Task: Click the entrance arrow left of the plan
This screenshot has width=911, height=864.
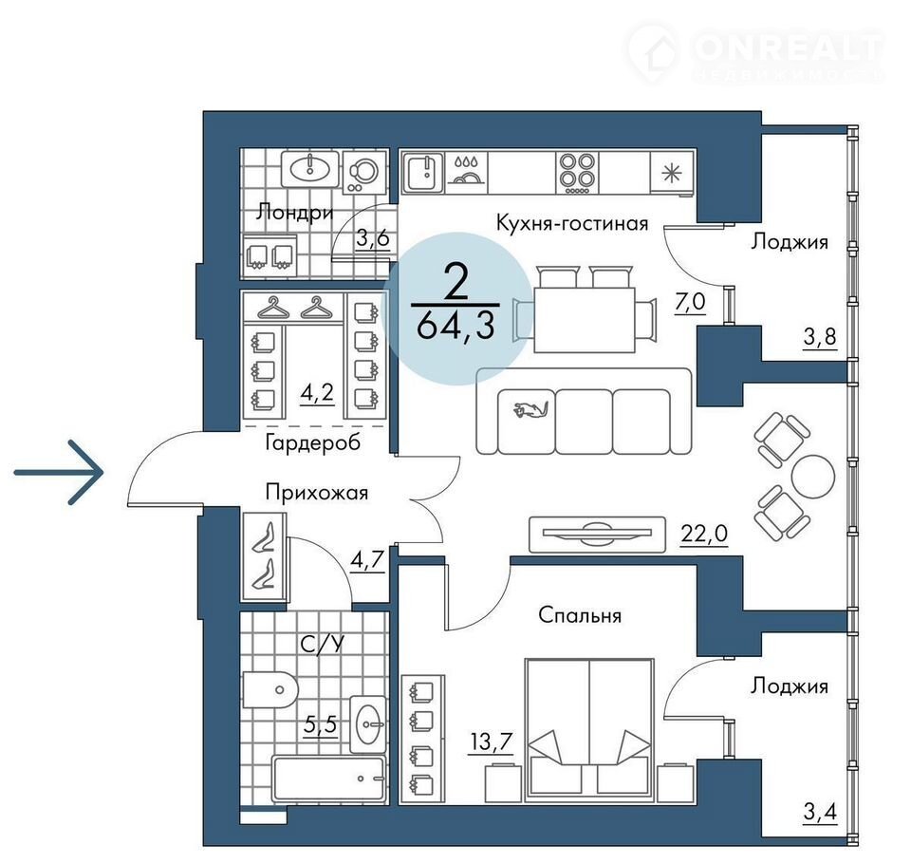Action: click(x=59, y=472)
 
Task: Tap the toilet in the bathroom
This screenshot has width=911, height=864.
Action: click(x=270, y=689)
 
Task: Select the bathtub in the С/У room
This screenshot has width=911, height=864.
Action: click(x=329, y=779)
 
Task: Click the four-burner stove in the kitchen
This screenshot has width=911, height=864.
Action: click(x=577, y=172)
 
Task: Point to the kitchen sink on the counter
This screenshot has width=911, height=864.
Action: click(x=423, y=172)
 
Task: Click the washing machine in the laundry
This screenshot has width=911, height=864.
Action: click(x=364, y=172)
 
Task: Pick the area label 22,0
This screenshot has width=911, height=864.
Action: click(x=704, y=533)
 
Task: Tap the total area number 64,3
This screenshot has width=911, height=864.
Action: click(x=455, y=327)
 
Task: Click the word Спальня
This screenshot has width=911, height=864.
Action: click(x=580, y=614)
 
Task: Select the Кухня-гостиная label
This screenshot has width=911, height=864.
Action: click(x=571, y=223)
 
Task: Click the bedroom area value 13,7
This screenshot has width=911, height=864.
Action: click(x=491, y=742)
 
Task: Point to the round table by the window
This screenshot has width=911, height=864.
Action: click(x=813, y=476)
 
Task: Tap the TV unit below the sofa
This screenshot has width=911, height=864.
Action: click(x=597, y=534)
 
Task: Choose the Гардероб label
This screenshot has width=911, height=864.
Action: click(x=312, y=442)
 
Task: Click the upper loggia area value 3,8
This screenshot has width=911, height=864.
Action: click(x=820, y=337)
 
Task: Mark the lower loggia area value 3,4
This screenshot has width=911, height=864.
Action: click(x=820, y=811)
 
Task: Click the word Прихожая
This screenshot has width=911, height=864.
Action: click(x=317, y=493)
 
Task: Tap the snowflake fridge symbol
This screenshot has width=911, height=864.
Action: click(x=672, y=173)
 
